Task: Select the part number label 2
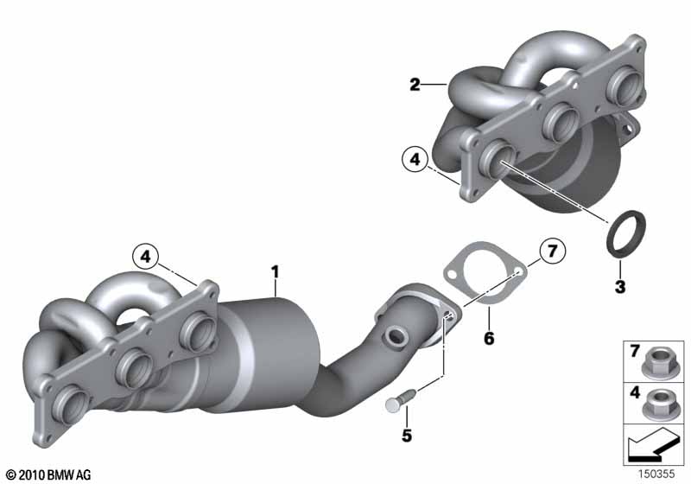(415, 84)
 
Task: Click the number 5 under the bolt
(406, 435)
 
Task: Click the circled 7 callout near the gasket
(551, 252)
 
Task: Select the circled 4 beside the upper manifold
(415, 160)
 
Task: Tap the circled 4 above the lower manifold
(146, 255)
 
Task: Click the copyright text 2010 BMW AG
(48, 474)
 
